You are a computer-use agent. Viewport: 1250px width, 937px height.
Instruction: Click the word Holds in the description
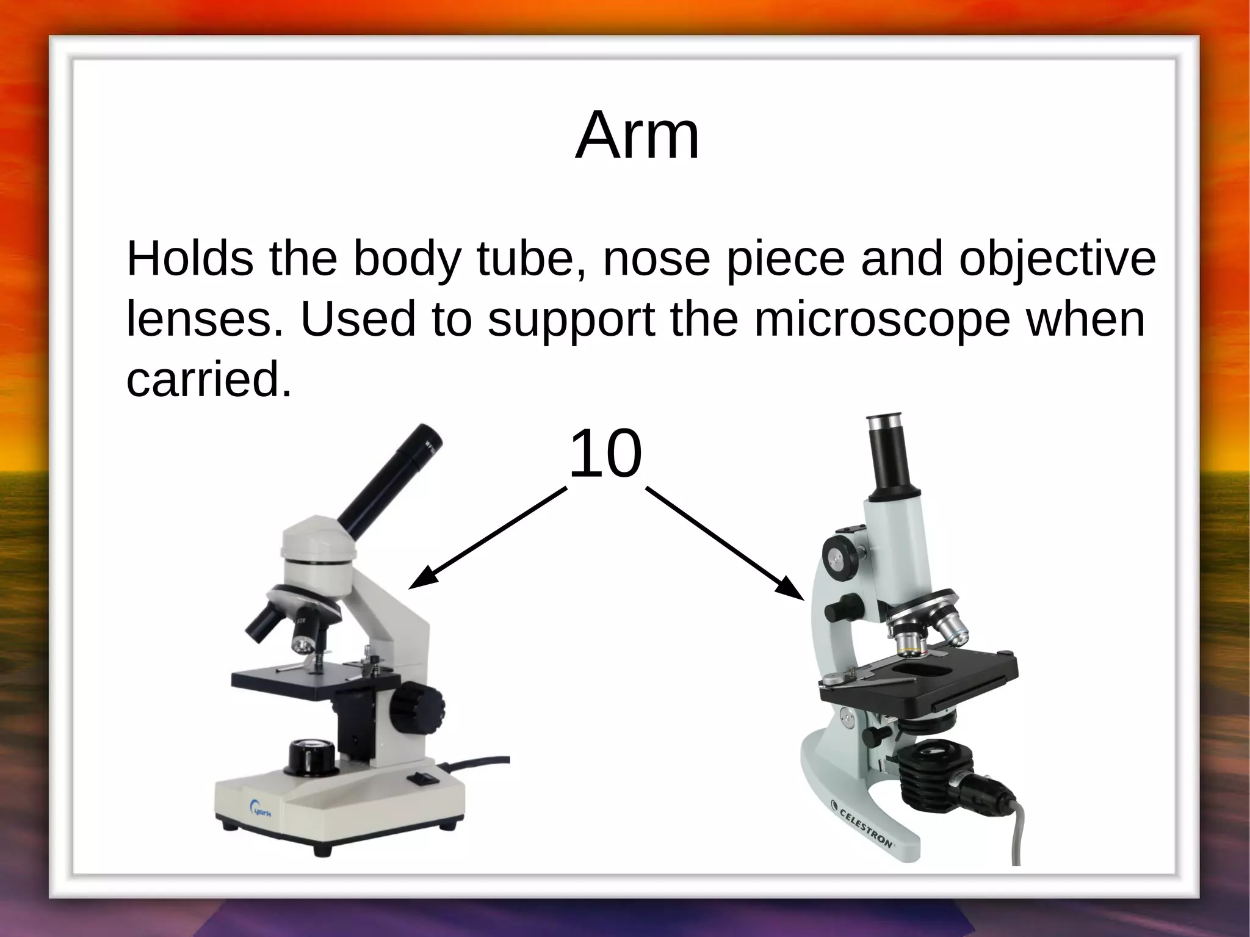click(x=189, y=259)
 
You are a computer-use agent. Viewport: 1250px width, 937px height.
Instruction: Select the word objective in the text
click(x=1057, y=259)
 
